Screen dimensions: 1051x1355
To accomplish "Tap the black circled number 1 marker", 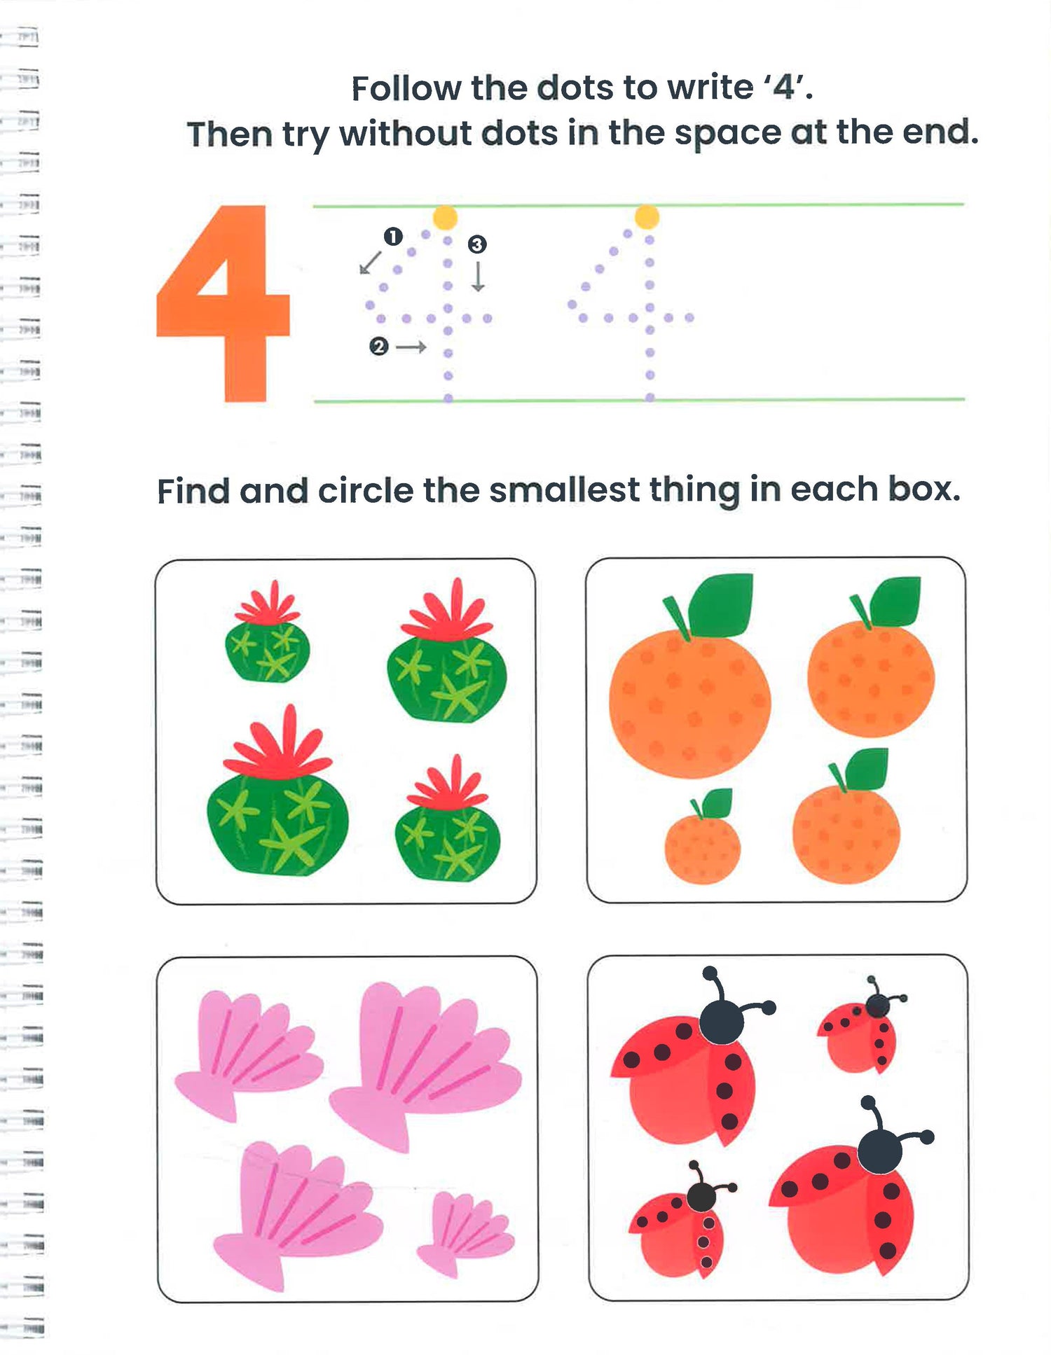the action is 393,237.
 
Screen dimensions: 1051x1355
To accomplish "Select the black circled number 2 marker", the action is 379,347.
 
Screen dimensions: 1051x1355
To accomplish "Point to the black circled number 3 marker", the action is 477,244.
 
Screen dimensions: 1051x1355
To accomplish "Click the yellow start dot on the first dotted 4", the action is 445,217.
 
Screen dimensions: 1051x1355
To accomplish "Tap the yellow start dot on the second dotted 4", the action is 646,216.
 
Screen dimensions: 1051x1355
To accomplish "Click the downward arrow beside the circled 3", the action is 478,277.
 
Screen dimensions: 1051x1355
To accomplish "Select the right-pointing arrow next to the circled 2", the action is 411,347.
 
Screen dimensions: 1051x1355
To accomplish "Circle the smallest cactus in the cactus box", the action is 267,631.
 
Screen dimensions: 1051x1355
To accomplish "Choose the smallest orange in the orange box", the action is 703,837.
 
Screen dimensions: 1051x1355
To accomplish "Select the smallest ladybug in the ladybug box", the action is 861,1026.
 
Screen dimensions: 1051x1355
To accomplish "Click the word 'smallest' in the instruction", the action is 565,490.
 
